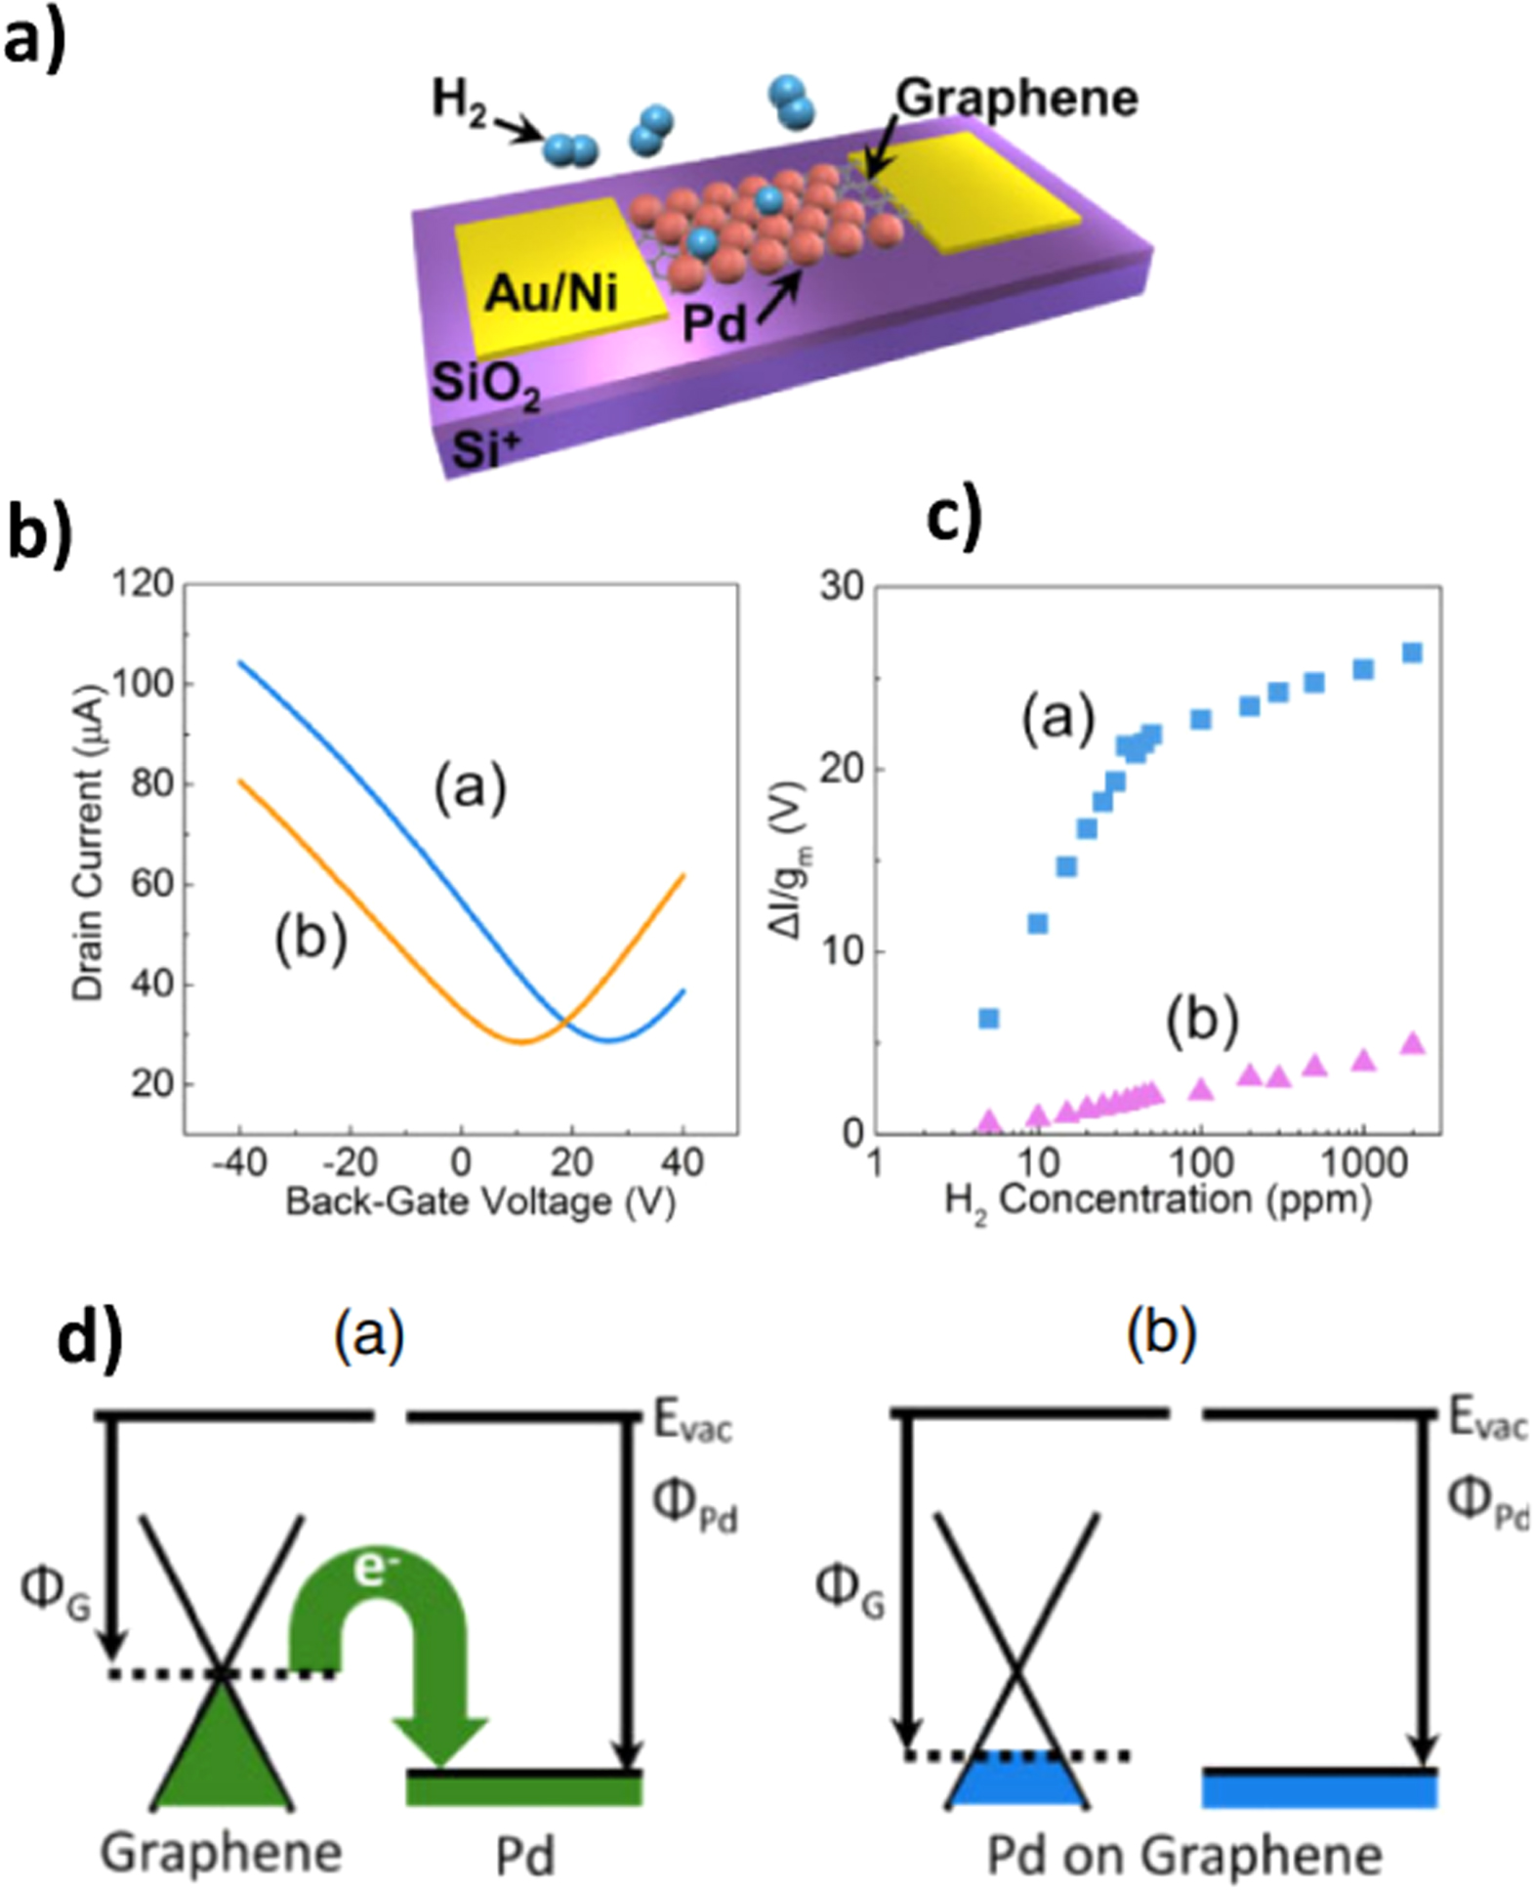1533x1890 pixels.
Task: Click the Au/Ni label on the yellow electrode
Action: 552,291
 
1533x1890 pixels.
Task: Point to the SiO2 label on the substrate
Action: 485,385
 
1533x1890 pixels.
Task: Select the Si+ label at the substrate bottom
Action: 486,450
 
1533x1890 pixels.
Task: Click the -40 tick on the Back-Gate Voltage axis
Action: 238,1162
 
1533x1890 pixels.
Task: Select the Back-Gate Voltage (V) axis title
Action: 480,1201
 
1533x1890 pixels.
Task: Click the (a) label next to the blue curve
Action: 471,788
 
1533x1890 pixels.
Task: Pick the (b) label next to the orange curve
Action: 311,940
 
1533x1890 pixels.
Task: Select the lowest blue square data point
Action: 988,1019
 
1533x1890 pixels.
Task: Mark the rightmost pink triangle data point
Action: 1412,1044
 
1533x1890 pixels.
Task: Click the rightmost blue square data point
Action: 1412,652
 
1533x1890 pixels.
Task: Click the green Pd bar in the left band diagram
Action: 524,1788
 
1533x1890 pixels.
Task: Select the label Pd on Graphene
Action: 1184,1853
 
